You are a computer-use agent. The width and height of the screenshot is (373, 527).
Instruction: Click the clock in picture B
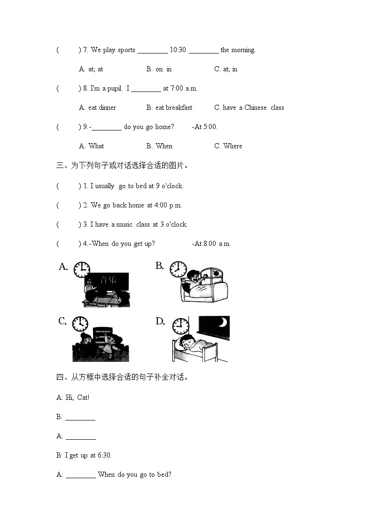pos(178,269)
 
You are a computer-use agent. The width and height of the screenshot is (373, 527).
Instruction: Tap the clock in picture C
pos(80,324)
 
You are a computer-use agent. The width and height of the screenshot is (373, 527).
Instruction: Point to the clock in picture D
pos(180,325)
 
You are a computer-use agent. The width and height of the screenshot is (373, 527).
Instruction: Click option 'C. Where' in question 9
pos(228,146)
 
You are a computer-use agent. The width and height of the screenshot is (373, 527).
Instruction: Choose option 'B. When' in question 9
pos(159,146)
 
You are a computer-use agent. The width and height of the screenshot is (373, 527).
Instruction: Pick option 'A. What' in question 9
pos(92,146)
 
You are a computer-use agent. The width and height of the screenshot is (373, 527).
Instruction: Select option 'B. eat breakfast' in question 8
pos(169,107)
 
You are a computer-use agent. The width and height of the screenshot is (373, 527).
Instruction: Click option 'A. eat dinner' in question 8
pos(97,107)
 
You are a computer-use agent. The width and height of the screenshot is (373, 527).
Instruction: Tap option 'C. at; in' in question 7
pos(226,69)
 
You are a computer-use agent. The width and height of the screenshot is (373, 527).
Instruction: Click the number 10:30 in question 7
pos(174,50)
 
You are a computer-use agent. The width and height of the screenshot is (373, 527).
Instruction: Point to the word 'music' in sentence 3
pos(124,224)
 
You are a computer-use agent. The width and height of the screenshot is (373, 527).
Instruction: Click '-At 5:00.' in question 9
pos(205,127)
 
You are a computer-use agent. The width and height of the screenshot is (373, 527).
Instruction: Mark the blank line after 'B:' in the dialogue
pos(80,417)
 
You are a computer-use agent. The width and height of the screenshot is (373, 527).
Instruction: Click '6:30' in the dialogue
pos(104,455)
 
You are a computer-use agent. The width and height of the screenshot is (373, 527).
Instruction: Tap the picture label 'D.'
pos(160,321)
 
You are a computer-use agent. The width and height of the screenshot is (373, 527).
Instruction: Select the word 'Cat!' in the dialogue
pos(83,397)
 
